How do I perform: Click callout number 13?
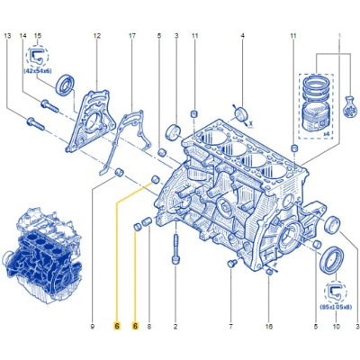[x=8, y=36]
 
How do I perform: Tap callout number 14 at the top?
[x=23, y=36]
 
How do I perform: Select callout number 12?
[x=96, y=36]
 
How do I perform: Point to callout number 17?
[x=132, y=36]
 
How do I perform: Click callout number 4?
[x=242, y=36]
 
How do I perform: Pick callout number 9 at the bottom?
[x=93, y=326]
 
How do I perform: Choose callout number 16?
[x=269, y=326]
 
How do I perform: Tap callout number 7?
[x=231, y=326]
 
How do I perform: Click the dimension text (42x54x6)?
[x=37, y=72]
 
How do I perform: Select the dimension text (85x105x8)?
[x=337, y=307]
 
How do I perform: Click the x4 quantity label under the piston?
[x=326, y=134]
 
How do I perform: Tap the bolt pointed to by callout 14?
[x=49, y=105]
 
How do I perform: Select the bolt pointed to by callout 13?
[x=36, y=124]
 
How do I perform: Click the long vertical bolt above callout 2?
[x=175, y=248]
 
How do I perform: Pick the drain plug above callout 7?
[x=231, y=264]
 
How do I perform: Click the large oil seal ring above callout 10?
[x=332, y=260]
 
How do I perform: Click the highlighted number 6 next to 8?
[x=135, y=326]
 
